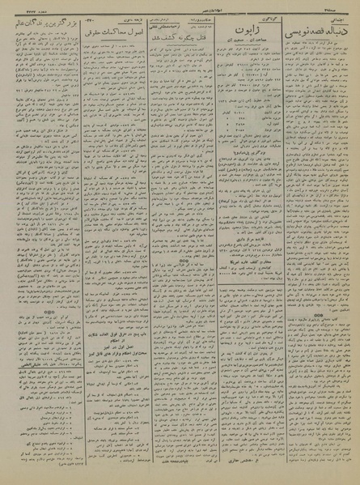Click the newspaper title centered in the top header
point(180,8)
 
